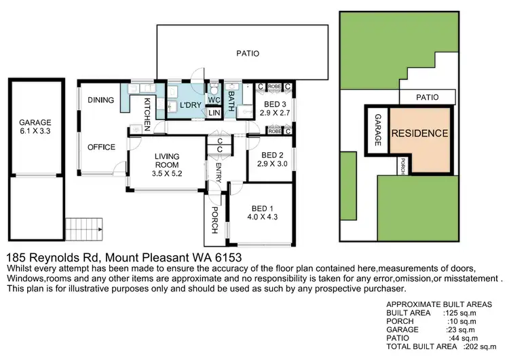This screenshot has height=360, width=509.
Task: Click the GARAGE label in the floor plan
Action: (x=35, y=123)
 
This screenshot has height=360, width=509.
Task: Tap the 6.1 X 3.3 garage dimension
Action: (x=35, y=133)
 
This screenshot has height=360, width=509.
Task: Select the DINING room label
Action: (x=100, y=100)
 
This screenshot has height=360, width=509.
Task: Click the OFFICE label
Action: (x=100, y=146)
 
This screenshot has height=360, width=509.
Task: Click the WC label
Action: (x=213, y=99)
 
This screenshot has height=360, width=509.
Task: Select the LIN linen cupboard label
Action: (x=213, y=113)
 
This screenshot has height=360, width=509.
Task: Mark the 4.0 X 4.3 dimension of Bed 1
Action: (x=260, y=218)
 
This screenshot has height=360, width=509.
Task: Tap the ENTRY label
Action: (x=219, y=170)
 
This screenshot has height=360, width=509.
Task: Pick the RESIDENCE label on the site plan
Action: (x=420, y=133)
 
